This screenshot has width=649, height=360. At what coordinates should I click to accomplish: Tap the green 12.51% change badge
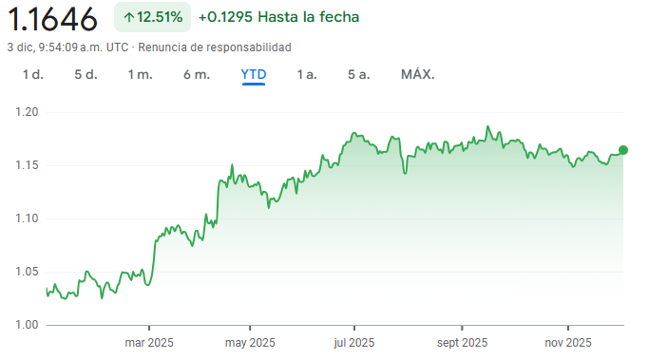(x=152, y=17)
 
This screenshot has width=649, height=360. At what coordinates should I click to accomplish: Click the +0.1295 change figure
(x=227, y=17)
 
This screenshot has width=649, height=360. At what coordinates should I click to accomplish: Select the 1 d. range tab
(x=33, y=74)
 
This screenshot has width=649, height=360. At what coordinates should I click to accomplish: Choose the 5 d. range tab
(x=86, y=74)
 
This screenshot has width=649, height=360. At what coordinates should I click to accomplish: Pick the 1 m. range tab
(x=141, y=74)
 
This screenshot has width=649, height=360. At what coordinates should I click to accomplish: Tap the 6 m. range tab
(x=197, y=74)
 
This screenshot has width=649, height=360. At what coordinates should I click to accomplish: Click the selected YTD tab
(x=254, y=74)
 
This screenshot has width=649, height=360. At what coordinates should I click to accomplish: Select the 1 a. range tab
(x=307, y=74)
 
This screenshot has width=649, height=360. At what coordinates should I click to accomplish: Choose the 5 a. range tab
(x=358, y=74)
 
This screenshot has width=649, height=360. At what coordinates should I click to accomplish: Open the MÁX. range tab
(x=417, y=74)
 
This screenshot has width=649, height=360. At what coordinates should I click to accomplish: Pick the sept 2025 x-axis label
(x=462, y=343)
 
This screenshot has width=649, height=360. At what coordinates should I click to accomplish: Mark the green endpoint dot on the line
(x=623, y=150)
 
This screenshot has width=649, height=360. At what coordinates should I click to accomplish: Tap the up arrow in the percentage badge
(x=129, y=17)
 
